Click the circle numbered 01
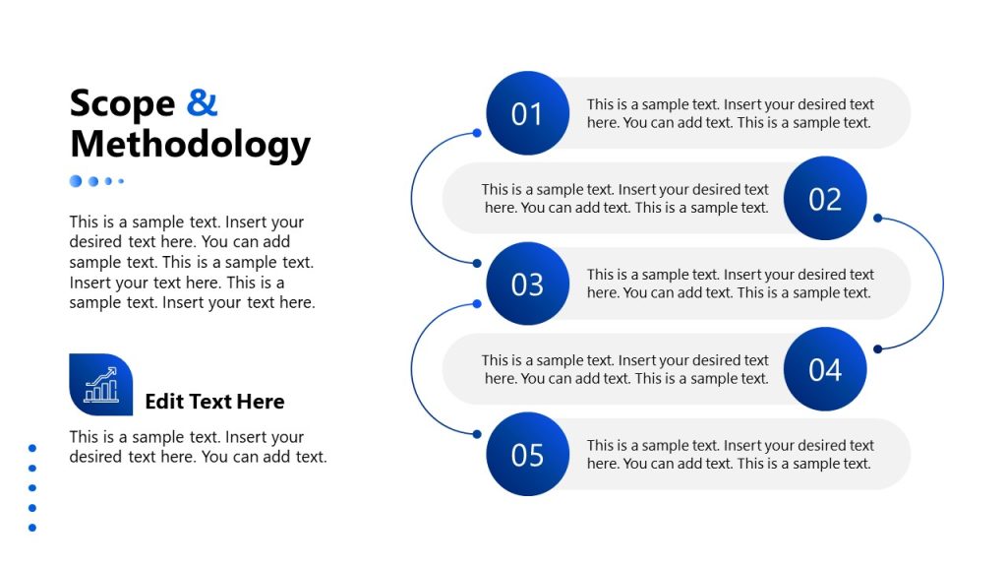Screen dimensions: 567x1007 click(x=527, y=113)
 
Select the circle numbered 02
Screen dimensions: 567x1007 click(x=824, y=199)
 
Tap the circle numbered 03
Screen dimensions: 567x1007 click(x=527, y=283)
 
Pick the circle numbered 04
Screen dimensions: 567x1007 click(x=824, y=369)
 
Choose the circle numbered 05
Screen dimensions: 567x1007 click(x=527, y=454)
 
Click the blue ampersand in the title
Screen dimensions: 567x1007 click(x=202, y=102)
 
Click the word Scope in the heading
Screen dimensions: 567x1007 click(x=122, y=102)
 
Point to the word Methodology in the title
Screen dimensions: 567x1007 click(x=190, y=144)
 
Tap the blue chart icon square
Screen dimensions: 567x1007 click(x=100, y=384)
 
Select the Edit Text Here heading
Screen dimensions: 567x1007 click(x=214, y=402)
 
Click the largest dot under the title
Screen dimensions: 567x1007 click(x=76, y=181)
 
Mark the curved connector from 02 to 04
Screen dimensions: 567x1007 click(x=942, y=283)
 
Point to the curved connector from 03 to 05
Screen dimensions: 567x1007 click(x=413, y=368)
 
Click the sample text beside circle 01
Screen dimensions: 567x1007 click(x=730, y=113)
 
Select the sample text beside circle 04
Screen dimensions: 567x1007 click(x=625, y=369)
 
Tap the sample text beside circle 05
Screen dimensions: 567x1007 click(x=730, y=454)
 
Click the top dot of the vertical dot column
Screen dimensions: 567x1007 click(x=32, y=448)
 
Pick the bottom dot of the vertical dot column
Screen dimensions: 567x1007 click(x=32, y=528)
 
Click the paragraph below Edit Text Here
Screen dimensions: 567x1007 click(x=197, y=447)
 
